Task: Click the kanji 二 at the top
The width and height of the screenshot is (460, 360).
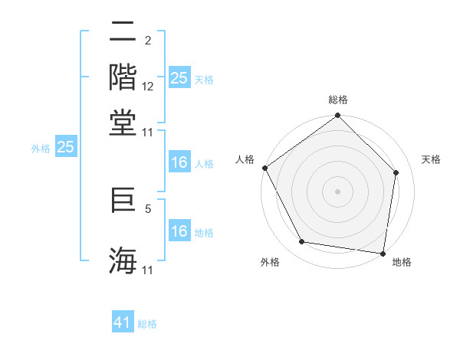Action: [123, 34]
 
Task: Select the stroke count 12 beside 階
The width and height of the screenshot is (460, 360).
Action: [148, 87]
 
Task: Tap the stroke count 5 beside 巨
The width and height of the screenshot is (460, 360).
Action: [148, 208]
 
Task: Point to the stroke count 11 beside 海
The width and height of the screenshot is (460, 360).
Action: [148, 270]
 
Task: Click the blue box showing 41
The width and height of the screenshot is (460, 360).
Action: [123, 323]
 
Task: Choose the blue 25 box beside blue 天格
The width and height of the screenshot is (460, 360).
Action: [179, 77]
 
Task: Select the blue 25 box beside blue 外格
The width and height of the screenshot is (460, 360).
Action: [66, 148]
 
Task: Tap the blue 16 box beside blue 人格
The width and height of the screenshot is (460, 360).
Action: [179, 162]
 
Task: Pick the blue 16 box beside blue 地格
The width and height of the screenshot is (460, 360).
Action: [179, 231]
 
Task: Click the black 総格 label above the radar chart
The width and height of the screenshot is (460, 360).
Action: [338, 100]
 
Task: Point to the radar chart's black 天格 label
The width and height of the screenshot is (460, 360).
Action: [432, 159]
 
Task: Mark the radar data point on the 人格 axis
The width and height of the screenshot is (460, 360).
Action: [264, 168]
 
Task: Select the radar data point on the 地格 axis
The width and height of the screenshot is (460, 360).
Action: [383, 253]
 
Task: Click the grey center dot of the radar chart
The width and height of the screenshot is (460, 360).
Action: [337, 191]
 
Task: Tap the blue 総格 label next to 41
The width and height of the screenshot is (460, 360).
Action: [147, 324]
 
